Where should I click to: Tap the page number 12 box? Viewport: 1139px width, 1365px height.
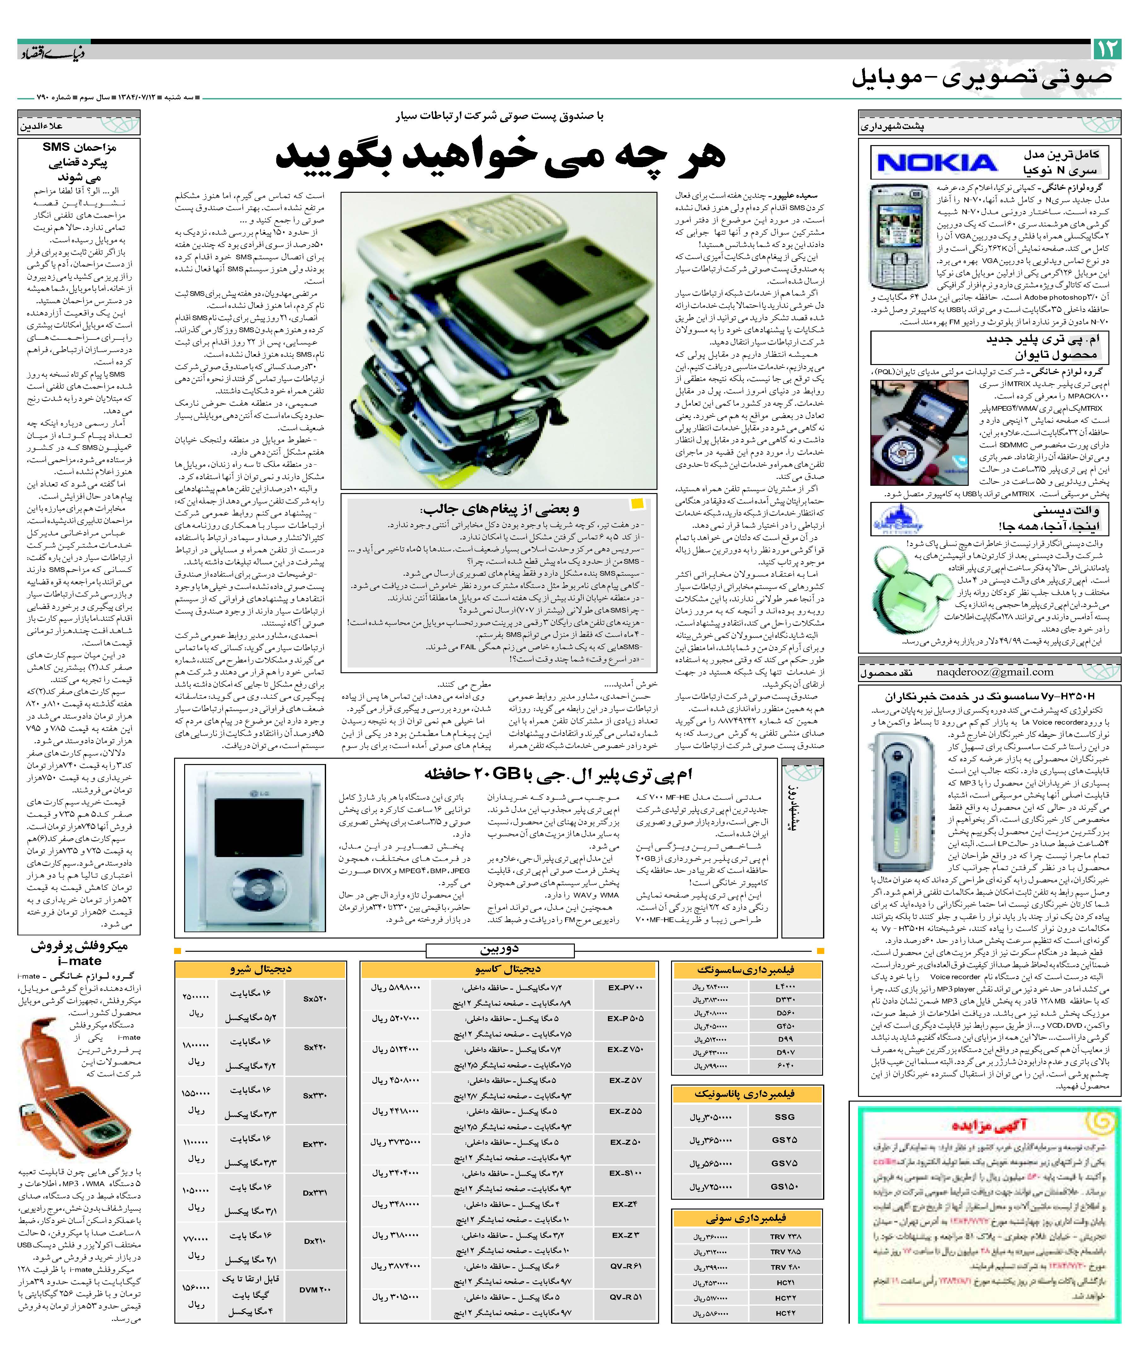(x=1107, y=50)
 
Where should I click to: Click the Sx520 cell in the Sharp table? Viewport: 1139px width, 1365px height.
(x=315, y=998)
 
